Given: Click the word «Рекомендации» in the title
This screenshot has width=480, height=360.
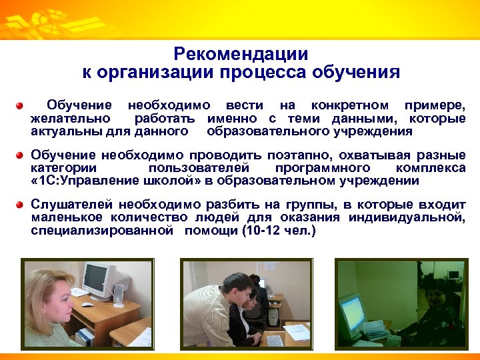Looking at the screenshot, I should coord(240,54).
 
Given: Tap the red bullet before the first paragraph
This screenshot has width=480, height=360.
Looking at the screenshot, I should coord(21,106).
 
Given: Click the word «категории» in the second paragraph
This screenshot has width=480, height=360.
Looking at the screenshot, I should coord(63,168).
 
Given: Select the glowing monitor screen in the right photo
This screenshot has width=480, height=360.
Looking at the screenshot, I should coord(351,309).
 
